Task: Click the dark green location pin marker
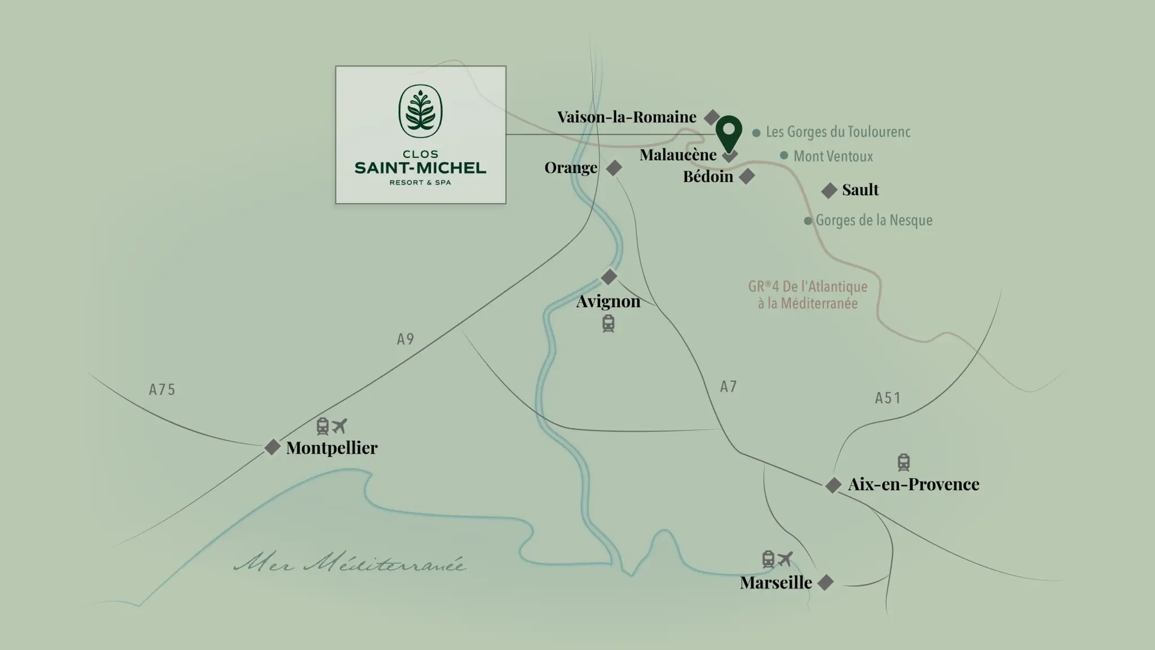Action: (729, 132)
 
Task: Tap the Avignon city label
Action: (608, 301)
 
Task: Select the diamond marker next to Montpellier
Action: (272, 447)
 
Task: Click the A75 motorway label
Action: (162, 390)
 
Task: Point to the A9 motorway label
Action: (405, 339)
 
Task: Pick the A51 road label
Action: (888, 398)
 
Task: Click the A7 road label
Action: (728, 387)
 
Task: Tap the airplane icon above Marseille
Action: (785, 559)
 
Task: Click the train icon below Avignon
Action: (608, 324)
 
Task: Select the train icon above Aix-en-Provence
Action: (903, 463)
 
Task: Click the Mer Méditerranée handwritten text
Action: (350, 564)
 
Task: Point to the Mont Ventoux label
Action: (832, 156)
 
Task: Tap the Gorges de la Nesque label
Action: (874, 220)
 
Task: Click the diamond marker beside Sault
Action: (829, 191)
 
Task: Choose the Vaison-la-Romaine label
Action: (627, 117)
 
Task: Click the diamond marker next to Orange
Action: (614, 168)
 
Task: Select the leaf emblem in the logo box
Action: (420, 111)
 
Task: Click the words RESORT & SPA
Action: (420, 183)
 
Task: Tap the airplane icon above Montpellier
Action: (339, 426)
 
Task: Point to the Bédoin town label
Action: (708, 177)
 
